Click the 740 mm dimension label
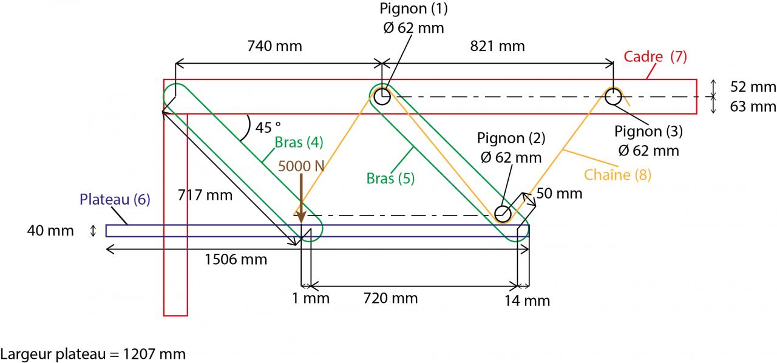(274, 46)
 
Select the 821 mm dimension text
(497, 46)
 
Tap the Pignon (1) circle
(381, 96)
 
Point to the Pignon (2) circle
(502, 214)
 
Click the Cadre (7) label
(656, 57)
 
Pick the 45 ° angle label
(268, 128)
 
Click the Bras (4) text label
(299, 143)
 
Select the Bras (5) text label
(391, 178)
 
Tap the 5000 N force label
(301, 165)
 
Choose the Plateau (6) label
(115, 199)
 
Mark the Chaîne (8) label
(617, 175)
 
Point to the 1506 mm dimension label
(236, 259)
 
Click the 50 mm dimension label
(559, 194)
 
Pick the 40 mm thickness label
(50, 231)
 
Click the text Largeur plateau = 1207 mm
(92, 353)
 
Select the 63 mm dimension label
(753, 107)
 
